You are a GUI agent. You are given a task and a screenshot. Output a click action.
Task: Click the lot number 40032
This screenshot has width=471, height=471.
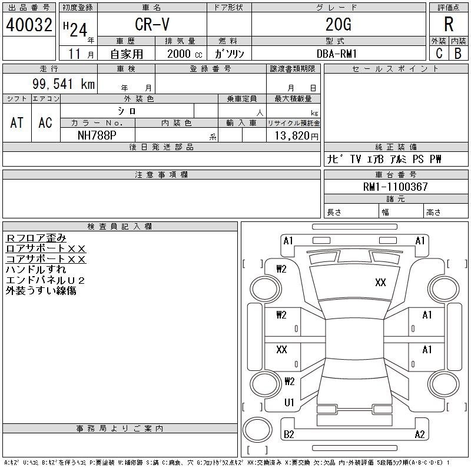[x=29, y=25]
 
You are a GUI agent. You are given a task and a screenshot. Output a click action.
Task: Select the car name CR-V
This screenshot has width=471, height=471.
[x=152, y=24]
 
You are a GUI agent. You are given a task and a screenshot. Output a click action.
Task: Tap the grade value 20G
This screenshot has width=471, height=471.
[x=339, y=24]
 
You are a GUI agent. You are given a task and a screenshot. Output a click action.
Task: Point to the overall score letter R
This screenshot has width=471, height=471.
[x=449, y=24]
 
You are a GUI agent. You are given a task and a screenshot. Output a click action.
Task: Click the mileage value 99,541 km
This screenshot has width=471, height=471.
[x=64, y=84]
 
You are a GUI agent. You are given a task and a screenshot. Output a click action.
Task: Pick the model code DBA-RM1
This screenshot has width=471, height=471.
[x=337, y=54]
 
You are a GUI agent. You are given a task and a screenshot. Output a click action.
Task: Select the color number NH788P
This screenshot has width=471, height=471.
[x=97, y=135]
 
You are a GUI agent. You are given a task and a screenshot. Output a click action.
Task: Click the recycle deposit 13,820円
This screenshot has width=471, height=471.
[x=297, y=136]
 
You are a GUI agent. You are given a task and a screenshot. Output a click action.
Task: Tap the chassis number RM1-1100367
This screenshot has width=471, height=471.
[x=395, y=187]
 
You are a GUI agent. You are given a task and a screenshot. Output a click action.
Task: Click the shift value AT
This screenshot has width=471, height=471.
[x=16, y=122]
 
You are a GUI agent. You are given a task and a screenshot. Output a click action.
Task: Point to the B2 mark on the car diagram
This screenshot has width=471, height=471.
[x=288, y=434]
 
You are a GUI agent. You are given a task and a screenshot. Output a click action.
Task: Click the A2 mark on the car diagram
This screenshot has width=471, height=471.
[x=420, y=434]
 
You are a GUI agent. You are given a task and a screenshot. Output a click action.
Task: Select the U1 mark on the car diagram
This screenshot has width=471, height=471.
[x=289, y=403]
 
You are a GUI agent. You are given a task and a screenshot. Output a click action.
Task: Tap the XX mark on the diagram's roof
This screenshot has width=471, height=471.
[x=380, y=283]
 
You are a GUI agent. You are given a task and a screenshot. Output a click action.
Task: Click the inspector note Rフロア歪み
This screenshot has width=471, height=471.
[x=36, y=238]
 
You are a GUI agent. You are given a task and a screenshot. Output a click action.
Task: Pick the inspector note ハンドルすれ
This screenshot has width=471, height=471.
[x=36, y=270]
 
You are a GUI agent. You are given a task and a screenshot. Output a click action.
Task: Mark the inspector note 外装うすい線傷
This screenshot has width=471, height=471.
[x=41, y=290]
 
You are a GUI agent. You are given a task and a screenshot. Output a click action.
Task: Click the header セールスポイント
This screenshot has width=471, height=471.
[x=396, y=69]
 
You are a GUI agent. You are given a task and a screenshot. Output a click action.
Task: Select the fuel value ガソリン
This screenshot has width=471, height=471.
[x=229, y=54]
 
